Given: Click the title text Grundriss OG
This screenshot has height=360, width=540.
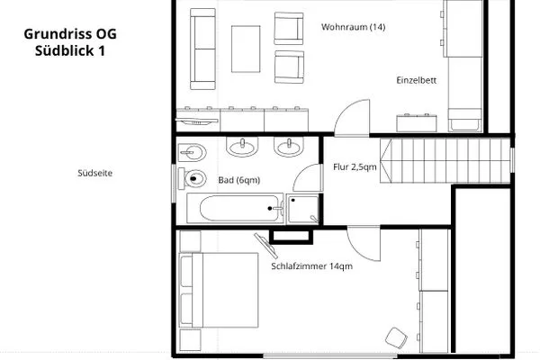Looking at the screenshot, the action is pos(70,34).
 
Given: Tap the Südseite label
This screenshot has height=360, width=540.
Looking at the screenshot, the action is pos(95,174).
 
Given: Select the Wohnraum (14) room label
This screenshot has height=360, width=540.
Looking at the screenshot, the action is pos(354,27).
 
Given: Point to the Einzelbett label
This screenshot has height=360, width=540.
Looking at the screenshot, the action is pos(417,80).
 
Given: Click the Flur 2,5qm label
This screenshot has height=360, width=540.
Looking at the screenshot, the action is pos(355,167).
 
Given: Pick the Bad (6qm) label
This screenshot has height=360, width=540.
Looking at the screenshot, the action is pos(239,180).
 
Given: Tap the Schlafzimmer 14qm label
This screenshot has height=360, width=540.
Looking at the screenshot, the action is pos(311,266).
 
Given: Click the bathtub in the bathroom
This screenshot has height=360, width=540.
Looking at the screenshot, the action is pos(235,209).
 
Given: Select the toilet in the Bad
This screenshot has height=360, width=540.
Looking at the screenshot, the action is pos(192,178).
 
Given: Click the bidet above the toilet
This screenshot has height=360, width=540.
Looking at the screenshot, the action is pos(193,152).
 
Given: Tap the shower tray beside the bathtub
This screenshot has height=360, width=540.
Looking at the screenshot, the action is pos(302,209).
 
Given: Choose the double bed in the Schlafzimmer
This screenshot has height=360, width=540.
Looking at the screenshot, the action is pos(219,290).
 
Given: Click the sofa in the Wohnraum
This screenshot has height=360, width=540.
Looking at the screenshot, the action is pos(202,49).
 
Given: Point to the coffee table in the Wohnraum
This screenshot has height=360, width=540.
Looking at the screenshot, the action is pos(246,49).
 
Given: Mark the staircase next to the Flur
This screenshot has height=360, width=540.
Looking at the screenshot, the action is pos(445,160).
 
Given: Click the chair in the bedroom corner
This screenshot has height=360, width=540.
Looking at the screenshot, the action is pos(396,338).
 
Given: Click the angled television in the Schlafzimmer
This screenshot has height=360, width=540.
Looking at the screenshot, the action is pos(265,246).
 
